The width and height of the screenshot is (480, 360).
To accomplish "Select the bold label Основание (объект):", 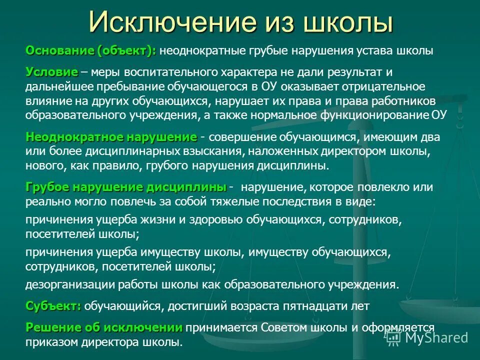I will coord(91,50).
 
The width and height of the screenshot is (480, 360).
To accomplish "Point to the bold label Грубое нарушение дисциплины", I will coord(126,187).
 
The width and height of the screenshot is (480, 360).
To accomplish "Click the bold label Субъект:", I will coord(53,305).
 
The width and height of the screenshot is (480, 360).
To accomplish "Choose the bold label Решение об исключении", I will coord(104,328).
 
